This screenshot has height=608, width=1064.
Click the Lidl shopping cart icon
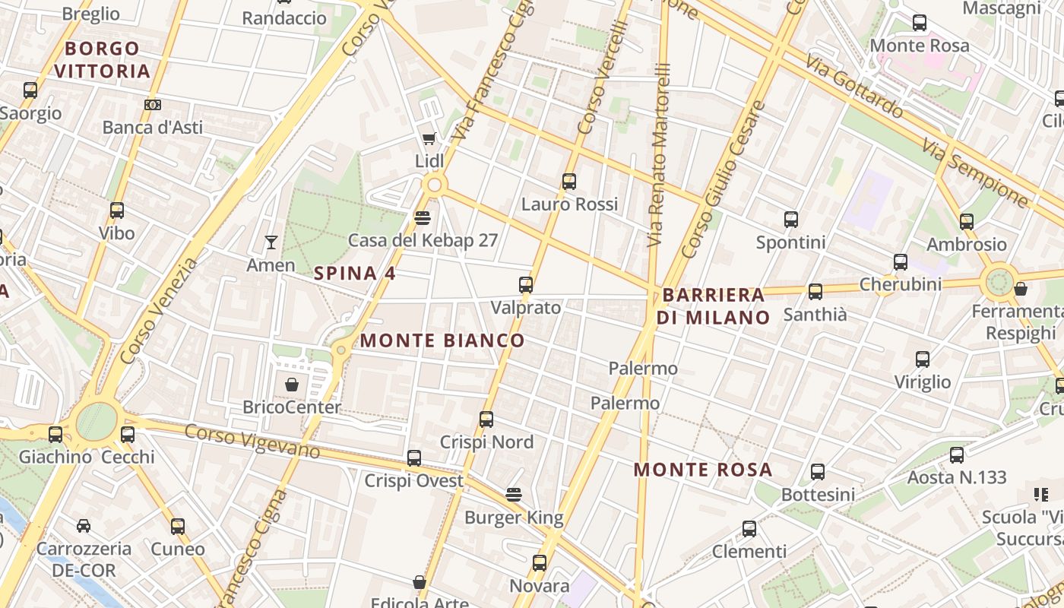[429, 138]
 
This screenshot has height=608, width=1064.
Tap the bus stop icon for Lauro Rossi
[569, 182]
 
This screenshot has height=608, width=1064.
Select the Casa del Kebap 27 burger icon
[423, 218]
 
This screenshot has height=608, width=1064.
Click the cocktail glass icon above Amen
[271, 242]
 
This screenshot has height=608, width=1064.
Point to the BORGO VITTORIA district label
[102, 60]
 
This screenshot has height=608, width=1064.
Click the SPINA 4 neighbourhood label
[355, 274]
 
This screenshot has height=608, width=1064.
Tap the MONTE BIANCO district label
[442, 340]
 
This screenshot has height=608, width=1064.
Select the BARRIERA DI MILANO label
[713, 306]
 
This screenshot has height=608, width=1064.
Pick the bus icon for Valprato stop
[525, 285]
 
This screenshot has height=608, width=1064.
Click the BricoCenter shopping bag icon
[291, 385]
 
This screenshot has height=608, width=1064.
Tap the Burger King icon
[514, 495]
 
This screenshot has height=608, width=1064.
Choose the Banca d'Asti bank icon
[153, 105]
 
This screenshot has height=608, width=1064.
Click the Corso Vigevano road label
[252, 441]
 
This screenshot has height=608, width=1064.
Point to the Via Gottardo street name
[854, 87]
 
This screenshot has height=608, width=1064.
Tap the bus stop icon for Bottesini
[818, 472]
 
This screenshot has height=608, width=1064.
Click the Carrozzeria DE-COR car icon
[84, 525]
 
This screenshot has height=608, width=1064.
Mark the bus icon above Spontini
[791, 220]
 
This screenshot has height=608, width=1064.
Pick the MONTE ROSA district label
[703, 470]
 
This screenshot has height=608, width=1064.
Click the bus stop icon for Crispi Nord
[486, 419]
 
